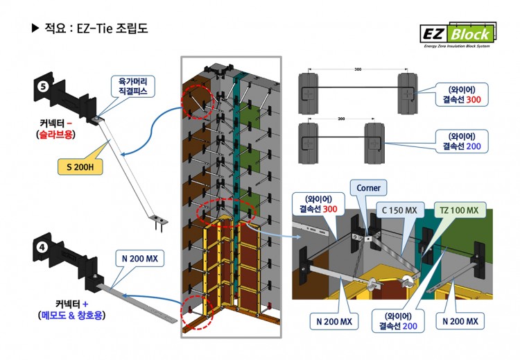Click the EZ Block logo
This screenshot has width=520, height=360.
point(458,35)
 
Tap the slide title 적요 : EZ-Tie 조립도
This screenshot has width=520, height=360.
point(90,30)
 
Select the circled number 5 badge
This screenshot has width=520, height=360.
point(43,87)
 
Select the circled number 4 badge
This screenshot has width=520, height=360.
point(43,246)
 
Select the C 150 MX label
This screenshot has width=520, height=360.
point(400,209)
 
